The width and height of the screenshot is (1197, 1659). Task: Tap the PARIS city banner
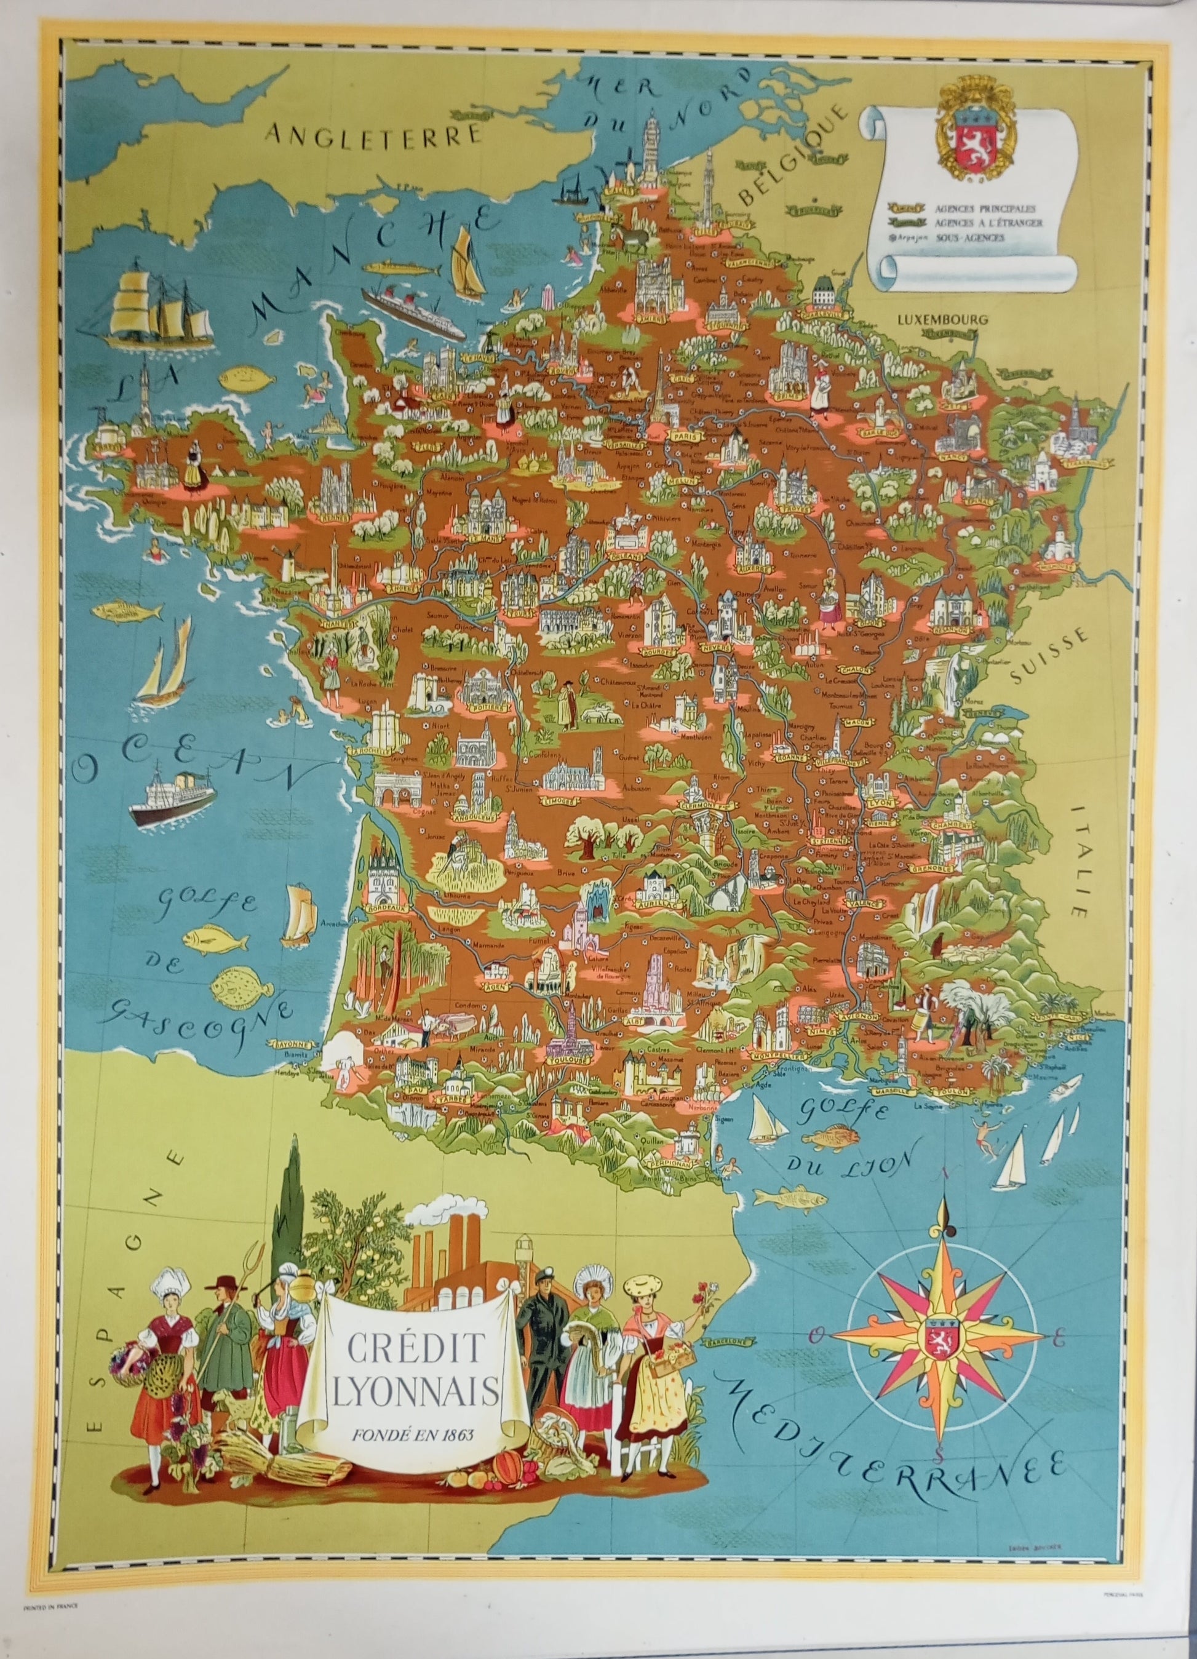pyautogui.click(x=685, y=436)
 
